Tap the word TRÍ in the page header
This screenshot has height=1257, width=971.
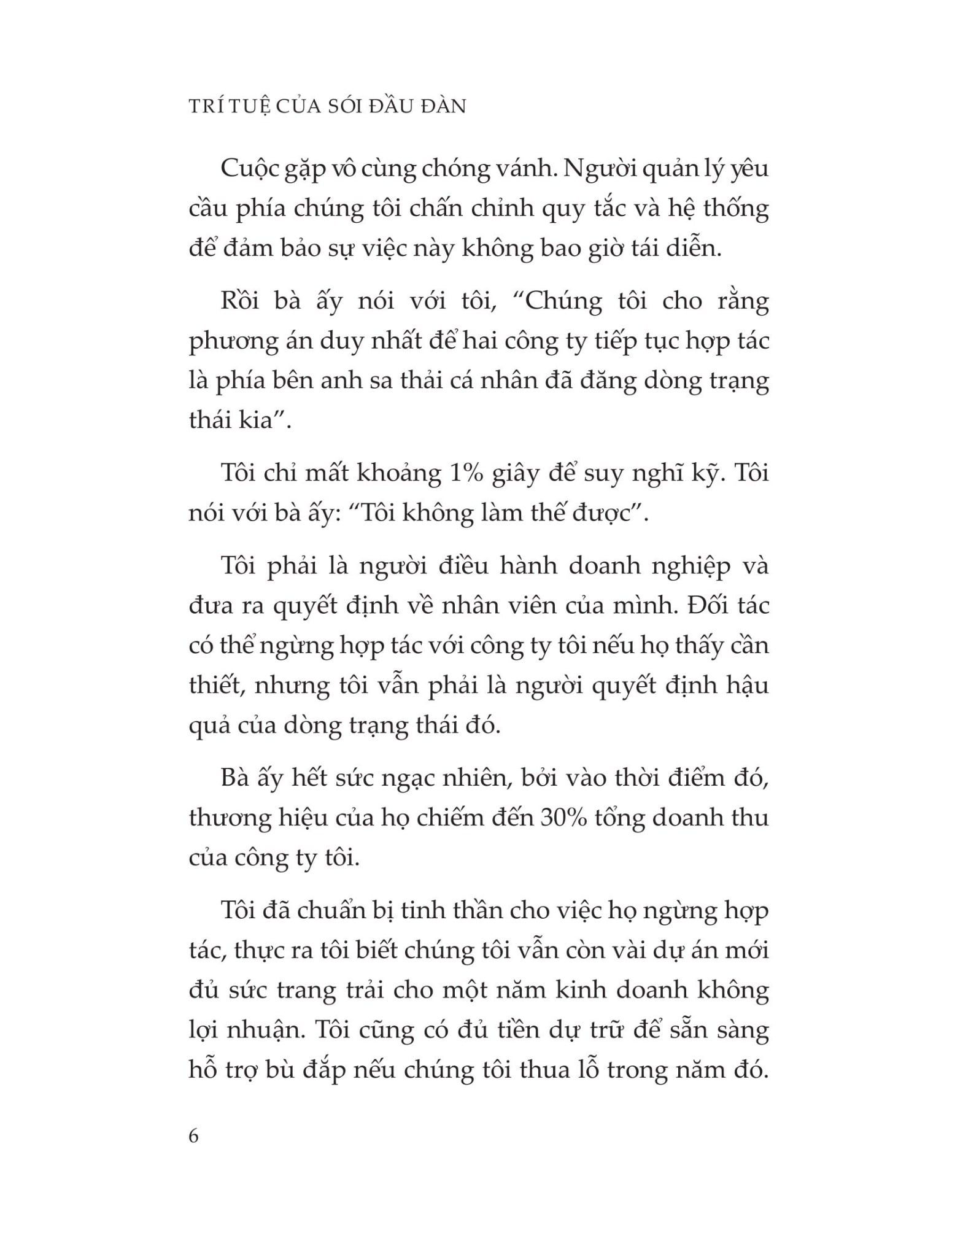tap(206, 106)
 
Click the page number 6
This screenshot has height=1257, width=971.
tap(194, 1136)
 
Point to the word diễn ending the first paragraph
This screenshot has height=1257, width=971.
tap(692, 249)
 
